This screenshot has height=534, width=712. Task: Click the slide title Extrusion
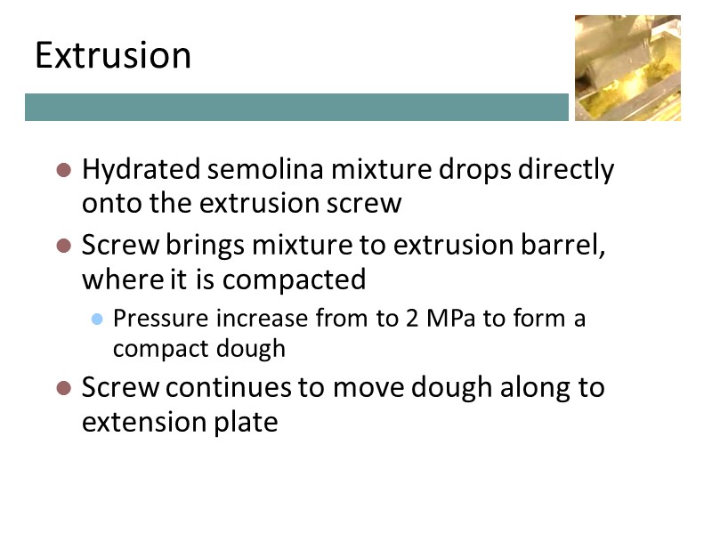(x=113, y=56)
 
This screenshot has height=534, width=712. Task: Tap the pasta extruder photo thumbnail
(x=627, y=68)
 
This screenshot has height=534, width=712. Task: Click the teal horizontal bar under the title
(x=296, y=108)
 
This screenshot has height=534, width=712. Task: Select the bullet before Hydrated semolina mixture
(x=63, y=169)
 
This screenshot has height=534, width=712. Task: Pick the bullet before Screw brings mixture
(x=63, y=245)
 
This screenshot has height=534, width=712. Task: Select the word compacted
(x=294, y=279)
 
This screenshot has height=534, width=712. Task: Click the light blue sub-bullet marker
(x=98, y=319)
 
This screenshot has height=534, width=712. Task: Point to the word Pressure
(x=151, y=319)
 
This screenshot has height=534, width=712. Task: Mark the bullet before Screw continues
(x=63, y=389)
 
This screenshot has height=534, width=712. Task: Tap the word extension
(x=141, y=422)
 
